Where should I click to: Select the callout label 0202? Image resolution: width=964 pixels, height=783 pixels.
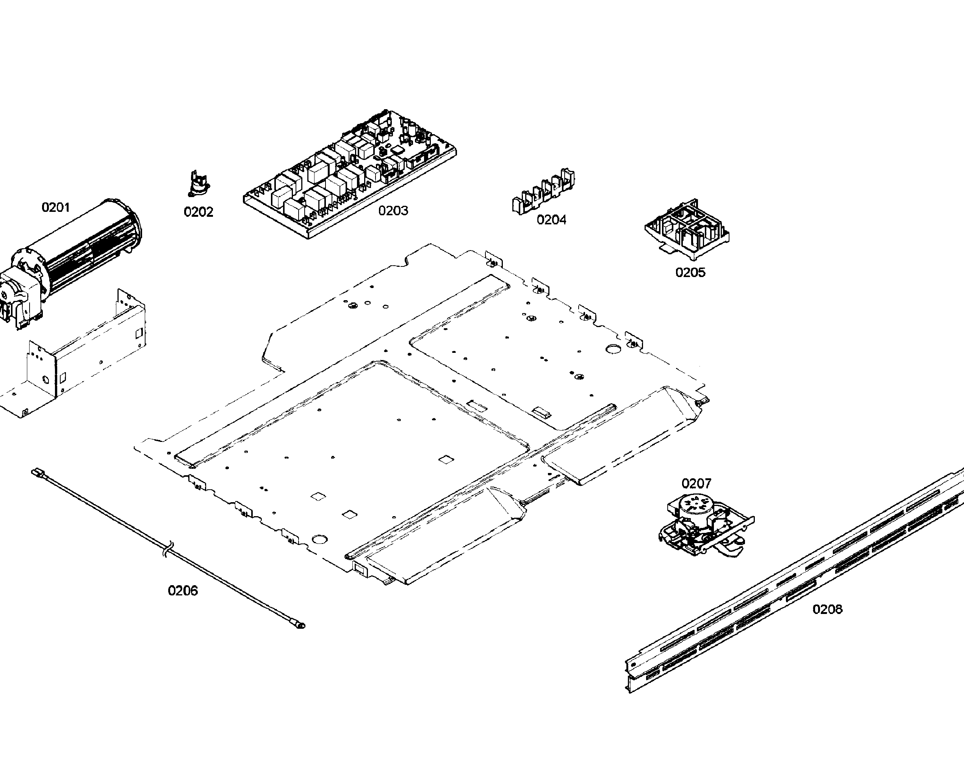(199, 212)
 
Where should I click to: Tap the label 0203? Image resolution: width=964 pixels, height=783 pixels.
(393, 211)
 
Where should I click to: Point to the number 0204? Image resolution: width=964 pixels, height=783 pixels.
(551, 220)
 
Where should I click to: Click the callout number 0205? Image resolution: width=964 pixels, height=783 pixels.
(690, 272)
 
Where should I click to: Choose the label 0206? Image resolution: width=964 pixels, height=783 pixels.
(183, 591)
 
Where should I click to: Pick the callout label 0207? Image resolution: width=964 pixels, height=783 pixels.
(696, 484)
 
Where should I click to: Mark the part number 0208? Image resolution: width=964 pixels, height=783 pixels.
(827, 609)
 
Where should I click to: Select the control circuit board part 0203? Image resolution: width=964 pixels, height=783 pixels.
(349, 176)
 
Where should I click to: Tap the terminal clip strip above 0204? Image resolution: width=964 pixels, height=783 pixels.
(543, 193)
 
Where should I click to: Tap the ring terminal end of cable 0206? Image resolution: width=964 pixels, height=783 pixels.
(299, 625)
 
